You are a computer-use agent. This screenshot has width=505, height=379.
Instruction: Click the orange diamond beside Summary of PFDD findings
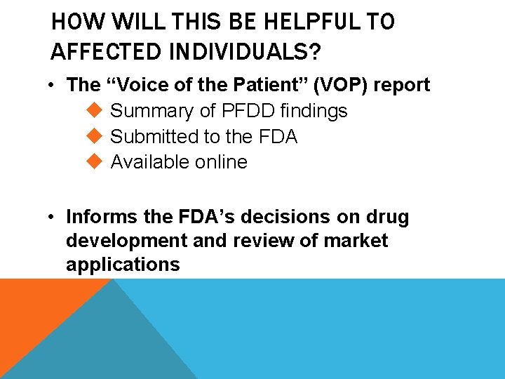click(x=97, y=110)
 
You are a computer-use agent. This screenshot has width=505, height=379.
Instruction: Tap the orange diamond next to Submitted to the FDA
click(x=97, y=136)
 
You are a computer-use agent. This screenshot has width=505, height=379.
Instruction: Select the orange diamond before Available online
click(x=97, y=161)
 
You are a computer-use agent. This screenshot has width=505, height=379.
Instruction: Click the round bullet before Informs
click(x=53, y=218)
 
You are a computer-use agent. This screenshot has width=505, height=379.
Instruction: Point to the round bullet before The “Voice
click(x=53, y=86)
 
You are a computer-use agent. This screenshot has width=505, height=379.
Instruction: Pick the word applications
click(x=123, y=265)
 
